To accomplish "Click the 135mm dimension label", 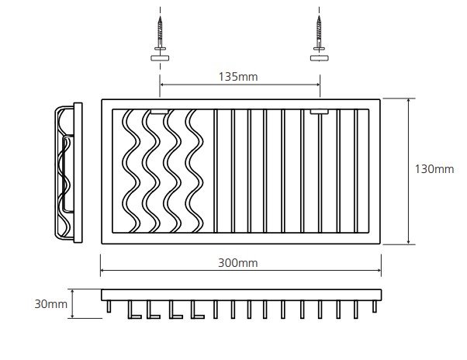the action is click(238, 77).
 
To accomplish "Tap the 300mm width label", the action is click(238, 263).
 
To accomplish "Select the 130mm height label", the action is click(434, 169).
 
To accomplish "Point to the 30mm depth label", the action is click(50, 304).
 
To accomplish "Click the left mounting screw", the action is click(161, 33).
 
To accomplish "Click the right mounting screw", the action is click(320, 33).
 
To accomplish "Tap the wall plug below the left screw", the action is click(160, 58).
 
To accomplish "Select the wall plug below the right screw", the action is click(320, 58).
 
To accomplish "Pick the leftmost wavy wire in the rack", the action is click(131, 171).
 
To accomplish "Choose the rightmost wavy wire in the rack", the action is click(194, 171).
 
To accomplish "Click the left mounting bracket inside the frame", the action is click(159, 112).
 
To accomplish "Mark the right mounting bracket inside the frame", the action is click(320, 112).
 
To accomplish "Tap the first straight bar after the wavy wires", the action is click(216, 171).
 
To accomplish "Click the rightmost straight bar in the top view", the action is click(356, 171).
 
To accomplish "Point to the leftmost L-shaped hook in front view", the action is click(134, 310).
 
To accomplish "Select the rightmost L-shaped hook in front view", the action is click(198, 310).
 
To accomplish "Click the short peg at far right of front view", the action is click(375, 306).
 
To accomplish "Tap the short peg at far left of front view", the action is click(109, 306).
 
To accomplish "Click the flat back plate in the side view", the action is click(78, 173).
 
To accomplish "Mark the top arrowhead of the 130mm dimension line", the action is click(409, 100).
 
